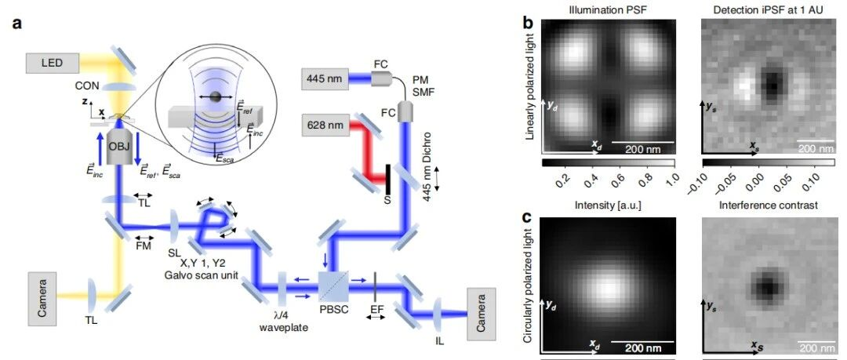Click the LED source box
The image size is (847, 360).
coord(51,64)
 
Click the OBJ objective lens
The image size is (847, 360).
coord(118,145)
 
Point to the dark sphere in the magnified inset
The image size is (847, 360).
coord(215,97)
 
